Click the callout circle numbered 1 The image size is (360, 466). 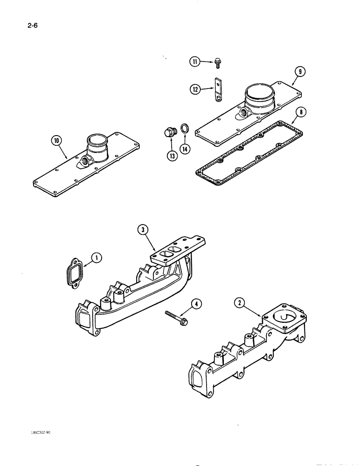tap(96, 257)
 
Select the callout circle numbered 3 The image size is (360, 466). tap(143, 229)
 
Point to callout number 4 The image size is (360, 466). tap(198, 305)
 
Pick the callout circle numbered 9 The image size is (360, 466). tap(300, 72)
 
